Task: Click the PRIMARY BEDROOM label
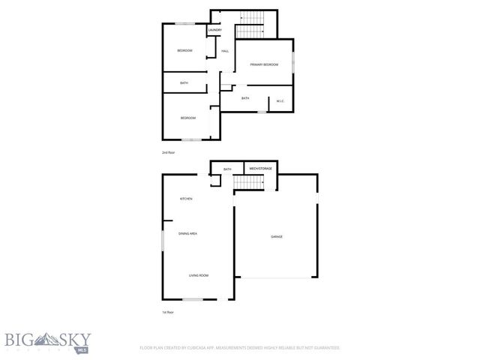point(264,65)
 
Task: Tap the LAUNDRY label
point(215,31)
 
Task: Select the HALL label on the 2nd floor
point(225,51)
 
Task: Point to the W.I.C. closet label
point(280,101)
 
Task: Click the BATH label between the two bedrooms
point(184,83)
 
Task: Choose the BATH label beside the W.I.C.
point(245,98)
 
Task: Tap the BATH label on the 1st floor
point(227,169)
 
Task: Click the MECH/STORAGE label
point(261,169)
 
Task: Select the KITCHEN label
point(186,199)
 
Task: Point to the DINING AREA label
point(187,235)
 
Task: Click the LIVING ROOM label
point(198,275)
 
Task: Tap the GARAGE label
point(277,237)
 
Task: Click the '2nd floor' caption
point(168,152)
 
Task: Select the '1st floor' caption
point(168,312)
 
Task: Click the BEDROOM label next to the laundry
point(184,50)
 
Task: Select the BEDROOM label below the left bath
point(187,118)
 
